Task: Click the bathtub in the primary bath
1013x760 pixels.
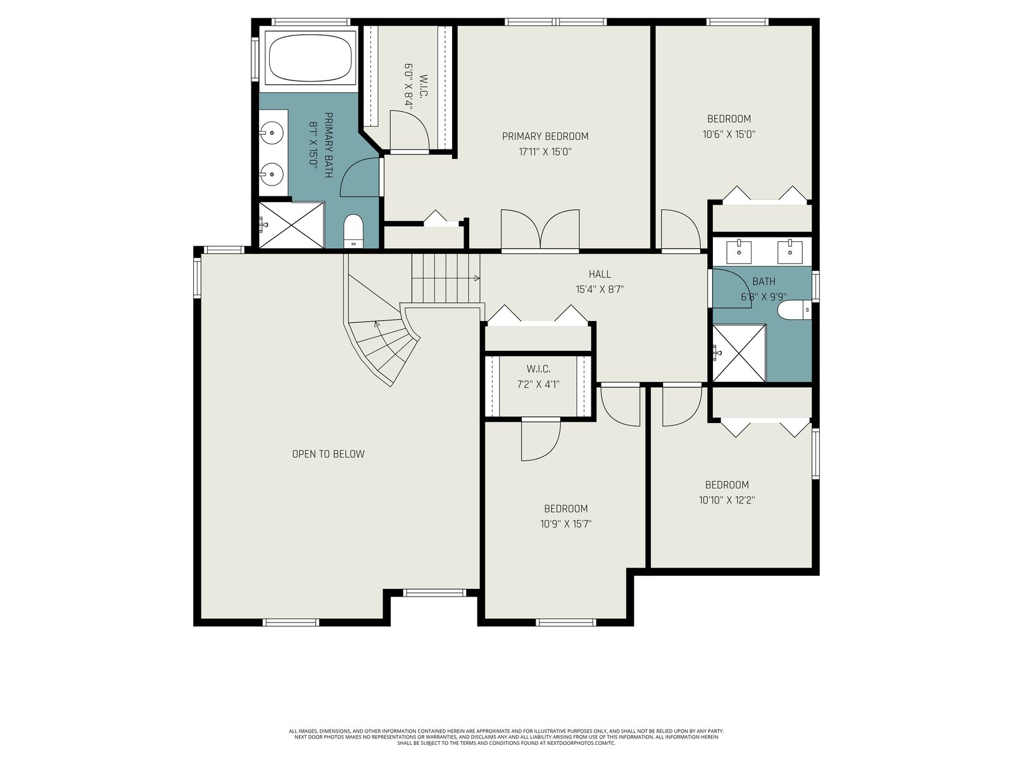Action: pyautogui.click(x=309, y=59)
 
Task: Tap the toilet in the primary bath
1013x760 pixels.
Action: pyautogui.click(x=353, y=231)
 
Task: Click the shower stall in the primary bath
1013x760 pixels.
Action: pyautogui.click(x=291, y=225)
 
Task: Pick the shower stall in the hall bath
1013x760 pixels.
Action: pyautogui.click(x=739, y=353)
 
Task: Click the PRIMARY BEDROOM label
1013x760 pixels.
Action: pyautogui.click(x=545, y=136)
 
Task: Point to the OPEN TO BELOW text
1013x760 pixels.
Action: pyautogui.click(x=328, y=454)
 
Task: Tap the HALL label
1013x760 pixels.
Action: pyautogui.click(x=600, y=274)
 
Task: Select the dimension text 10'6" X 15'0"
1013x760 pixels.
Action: pyautogui.click(x=729, y=134)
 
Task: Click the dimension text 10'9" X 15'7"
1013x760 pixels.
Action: pyautogui.click(x=566, y=524)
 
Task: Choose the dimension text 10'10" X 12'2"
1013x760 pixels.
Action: pyautogui.click(x=727, y=500)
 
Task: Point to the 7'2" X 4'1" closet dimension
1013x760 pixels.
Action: pyautogui.click(x=538, y=384)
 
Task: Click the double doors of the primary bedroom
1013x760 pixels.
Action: pyautogui.click(x=540, y=230)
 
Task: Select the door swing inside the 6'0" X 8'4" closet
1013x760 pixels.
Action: pyautogui.click(x=410, y=130)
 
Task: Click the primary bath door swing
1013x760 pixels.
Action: pyautogui.click(x=360, y=178)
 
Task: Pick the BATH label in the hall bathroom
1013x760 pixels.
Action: pyautogui.click(x=764, y=281)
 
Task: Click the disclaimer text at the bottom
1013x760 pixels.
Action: pyautogui.click(x=507, y=737)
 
